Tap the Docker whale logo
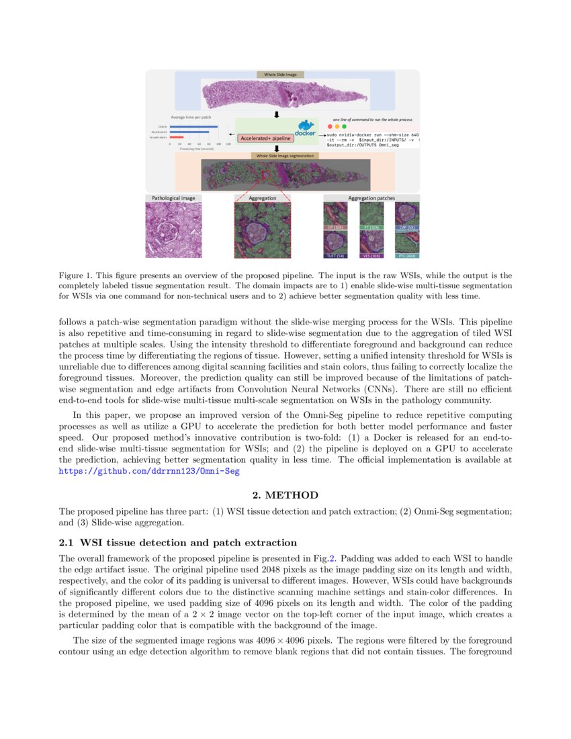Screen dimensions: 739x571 (305, 127)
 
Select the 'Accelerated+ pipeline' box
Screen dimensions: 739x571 (265, 138)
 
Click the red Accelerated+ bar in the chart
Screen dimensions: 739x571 (177, 137)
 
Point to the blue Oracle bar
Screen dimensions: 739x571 (193, 126)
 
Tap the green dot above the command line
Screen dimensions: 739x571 (345, 126)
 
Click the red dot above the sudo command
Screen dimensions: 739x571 (330, 126)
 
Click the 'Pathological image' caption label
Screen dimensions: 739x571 (173, 198)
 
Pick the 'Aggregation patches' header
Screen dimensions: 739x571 (371, 198)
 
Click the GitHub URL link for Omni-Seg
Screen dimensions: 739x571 (149, 472)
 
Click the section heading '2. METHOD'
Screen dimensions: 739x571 (285, 496)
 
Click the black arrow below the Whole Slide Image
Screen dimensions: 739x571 (276, 114)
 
